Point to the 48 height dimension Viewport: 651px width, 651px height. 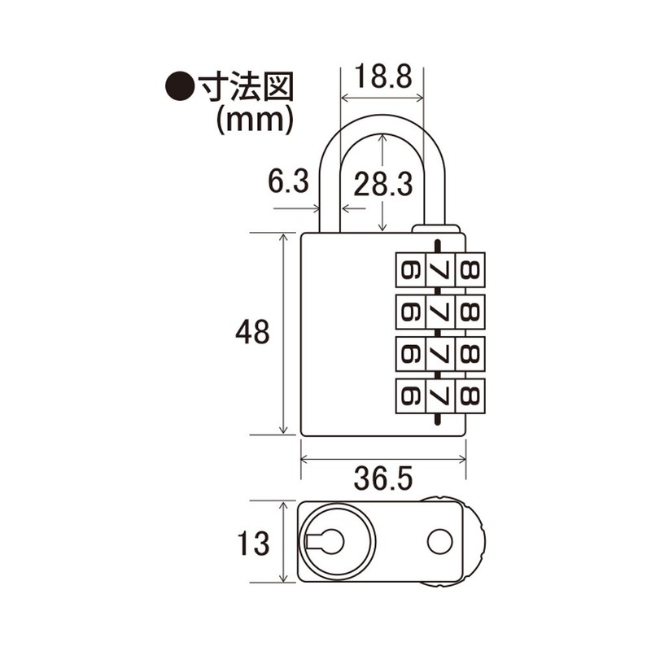(251, 333)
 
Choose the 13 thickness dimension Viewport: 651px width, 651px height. (251, 544)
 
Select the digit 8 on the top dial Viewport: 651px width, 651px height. (470, 268)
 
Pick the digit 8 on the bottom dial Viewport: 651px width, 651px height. (470, 396)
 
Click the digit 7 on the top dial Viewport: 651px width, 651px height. (439, 268)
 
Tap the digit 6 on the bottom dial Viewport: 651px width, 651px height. (409, 396)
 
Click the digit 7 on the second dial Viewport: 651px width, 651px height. (439, 310)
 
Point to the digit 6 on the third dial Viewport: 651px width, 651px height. (409, 353)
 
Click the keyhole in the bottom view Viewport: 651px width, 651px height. (327, 540)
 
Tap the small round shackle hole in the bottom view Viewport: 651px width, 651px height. (440, 540)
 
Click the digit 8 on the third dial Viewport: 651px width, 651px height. (470, 353)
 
